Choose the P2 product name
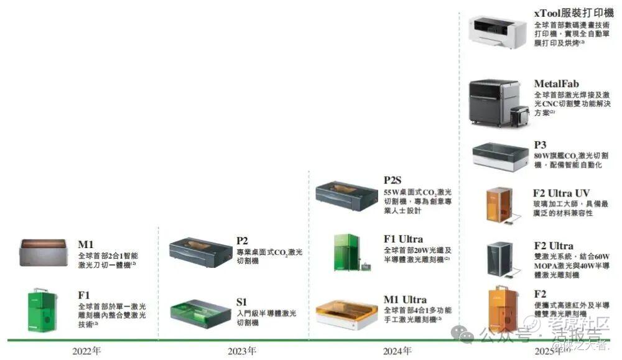(242, 241)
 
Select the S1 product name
(242, 302)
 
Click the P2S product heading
(393, 181)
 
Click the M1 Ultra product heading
(405, 300)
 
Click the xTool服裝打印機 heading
(573, 13)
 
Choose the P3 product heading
(540, 145)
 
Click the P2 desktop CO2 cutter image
(200, 251)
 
